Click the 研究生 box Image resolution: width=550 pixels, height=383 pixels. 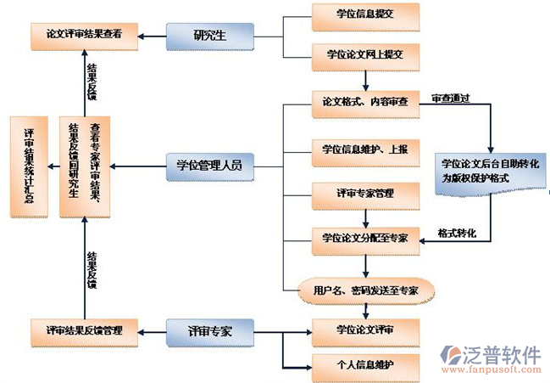(x=209, y=35)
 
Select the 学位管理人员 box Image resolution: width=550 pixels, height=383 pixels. (x=209, y=165)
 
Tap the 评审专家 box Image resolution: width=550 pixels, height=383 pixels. (x=209, y=329)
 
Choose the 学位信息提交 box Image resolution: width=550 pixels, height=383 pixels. (x=364, y=15)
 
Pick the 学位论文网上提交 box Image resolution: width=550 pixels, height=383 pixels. (x=364, y=54)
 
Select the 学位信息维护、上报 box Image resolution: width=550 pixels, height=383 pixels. (x=364, y=149)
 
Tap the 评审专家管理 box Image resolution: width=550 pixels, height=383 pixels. (x=364, y=194)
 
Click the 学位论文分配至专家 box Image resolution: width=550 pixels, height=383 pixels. (x=364, y=238)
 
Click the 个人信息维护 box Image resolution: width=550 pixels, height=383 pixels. (x=364, y=365)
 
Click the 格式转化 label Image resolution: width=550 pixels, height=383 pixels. (x=457, y=232)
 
